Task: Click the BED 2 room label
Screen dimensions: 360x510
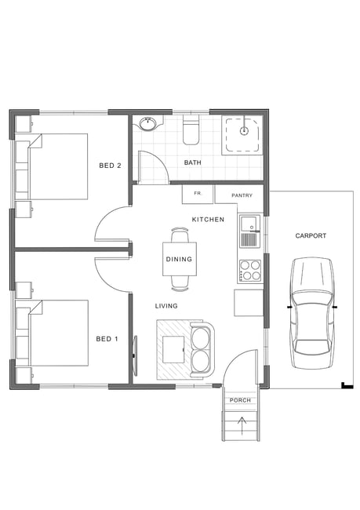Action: [110, 166]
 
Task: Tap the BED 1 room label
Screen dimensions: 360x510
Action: [107, 339]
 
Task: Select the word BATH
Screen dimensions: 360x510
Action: [192, 162]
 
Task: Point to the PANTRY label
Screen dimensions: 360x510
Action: [242, 195]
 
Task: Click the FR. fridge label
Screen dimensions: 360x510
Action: [198, 193]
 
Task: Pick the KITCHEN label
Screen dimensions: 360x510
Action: [208, 220]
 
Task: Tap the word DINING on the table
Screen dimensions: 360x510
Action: [179, 259]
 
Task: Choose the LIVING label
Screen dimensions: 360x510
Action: [166, 306]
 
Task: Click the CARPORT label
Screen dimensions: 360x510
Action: [311, 235]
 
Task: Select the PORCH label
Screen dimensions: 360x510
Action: [240, 400]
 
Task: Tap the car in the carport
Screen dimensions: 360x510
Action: [312, 313]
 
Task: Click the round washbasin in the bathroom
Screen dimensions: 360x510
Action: [148, 123]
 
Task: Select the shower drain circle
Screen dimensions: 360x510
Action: [244, 131]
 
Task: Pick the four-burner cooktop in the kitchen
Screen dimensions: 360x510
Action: [250, 271]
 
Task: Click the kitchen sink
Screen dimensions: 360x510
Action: [250, 231]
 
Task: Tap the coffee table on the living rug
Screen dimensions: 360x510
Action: [173, 350]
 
